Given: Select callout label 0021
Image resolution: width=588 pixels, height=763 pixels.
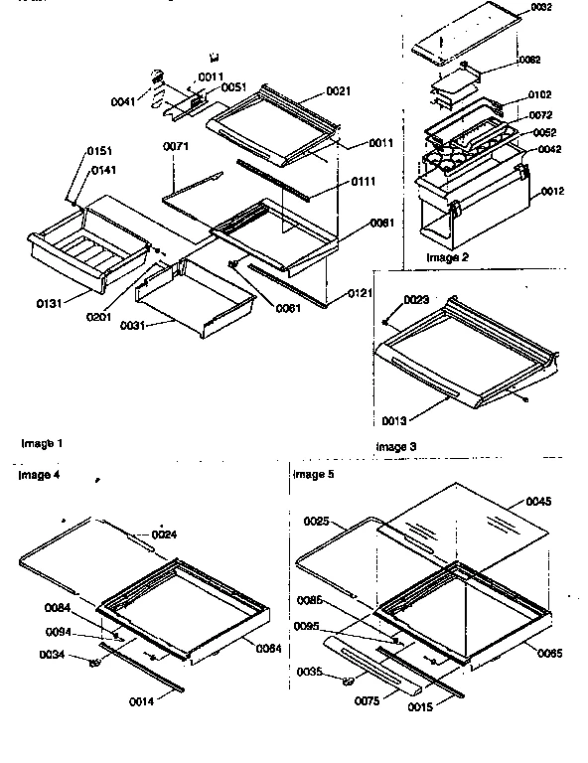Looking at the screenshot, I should tap(338, 90).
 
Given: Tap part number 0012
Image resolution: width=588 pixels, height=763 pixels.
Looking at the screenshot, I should tap(554, 191).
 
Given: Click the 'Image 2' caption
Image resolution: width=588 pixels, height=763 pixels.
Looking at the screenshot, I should tap(448, 257).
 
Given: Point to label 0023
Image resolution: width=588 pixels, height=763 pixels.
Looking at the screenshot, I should tap(415, 299).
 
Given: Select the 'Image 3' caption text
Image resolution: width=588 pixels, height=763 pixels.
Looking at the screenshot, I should tap(396, 447).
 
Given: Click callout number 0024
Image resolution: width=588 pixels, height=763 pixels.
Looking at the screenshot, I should tap(165, 534).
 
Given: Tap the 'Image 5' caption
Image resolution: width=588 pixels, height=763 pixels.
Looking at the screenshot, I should tap(314, 475).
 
